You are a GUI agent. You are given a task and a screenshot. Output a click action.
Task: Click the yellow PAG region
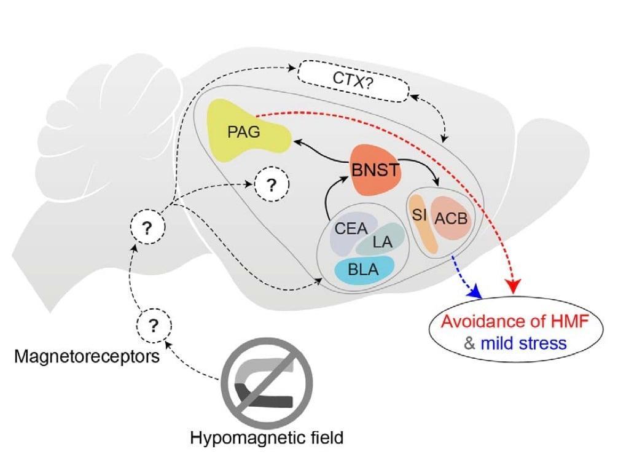(244, 132)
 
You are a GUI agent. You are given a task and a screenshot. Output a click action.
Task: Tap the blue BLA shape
(364, 270)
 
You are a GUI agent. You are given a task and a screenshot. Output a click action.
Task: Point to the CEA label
(351, 229)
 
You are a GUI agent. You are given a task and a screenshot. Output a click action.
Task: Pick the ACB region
(451, 218)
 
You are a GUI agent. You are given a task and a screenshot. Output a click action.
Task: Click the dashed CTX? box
(353, 81)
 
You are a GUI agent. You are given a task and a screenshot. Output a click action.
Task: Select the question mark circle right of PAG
(272, 184)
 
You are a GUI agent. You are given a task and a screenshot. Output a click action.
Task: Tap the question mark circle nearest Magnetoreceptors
(154, 326)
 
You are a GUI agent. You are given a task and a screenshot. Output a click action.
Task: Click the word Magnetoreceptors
(87, 357)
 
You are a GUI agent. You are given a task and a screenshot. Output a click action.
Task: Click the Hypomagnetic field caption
(267, 438)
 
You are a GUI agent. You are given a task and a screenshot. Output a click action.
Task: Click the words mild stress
(523, 343)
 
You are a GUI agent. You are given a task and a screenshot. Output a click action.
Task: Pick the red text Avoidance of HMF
(515, 321)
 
